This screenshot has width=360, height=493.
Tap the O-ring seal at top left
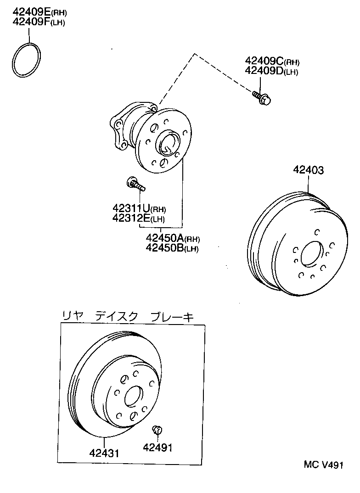coord(27,60)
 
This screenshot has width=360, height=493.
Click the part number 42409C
coord(264,62)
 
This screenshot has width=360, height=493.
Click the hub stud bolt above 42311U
coord(135,185)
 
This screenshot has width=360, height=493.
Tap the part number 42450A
coord(165,238)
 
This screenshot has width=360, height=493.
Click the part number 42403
coord(309,170)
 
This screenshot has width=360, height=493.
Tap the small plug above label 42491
coord(157,430)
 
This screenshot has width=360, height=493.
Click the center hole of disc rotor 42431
coord(134,396)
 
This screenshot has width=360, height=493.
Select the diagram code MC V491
coord(323,465)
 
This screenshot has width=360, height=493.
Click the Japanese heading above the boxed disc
coord(128,316)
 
